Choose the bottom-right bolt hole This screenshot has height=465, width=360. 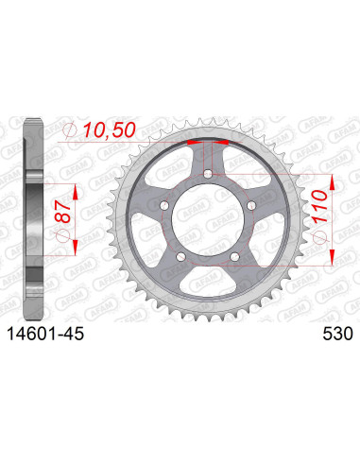point(231,253)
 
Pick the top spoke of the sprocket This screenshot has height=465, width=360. point(205,157)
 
